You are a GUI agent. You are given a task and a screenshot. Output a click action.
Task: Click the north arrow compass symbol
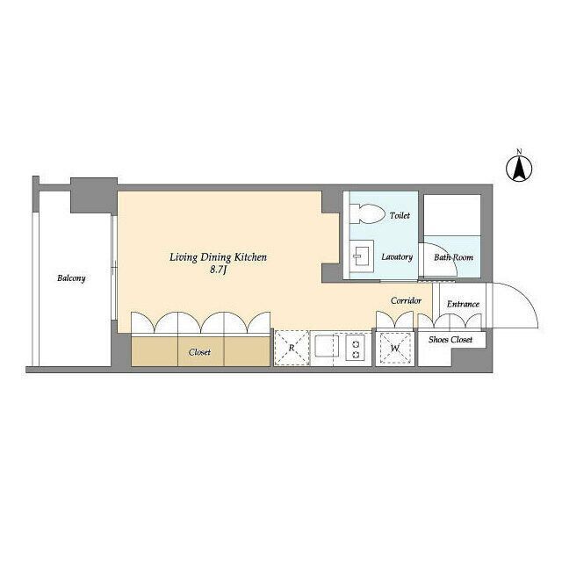[519, 168]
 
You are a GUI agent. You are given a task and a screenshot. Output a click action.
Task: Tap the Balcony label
[71, 278]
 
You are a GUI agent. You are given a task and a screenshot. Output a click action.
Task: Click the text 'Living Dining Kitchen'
[218, 257]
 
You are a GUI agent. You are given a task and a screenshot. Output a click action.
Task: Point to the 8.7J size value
[218, 270]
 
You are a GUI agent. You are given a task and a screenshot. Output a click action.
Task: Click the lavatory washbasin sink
[362, 256]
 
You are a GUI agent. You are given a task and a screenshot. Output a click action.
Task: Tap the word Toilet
[400, 215]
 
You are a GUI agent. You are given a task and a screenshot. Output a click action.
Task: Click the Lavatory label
[397, 257]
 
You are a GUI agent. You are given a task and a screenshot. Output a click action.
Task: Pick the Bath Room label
[453, 257]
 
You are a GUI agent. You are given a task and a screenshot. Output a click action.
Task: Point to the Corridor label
[406, 300]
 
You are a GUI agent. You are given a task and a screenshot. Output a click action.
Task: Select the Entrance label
[463, 304]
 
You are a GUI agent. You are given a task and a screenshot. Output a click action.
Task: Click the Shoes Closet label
[450, 340]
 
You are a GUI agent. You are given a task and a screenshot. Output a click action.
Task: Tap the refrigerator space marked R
[292, 348]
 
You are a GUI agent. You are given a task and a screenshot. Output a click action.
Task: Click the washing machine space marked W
[395, 348]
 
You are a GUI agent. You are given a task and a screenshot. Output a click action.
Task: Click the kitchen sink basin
[327, 346]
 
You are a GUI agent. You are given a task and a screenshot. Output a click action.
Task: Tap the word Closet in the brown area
[199, 352]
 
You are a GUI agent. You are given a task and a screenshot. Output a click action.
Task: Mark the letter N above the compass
[519, 151]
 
